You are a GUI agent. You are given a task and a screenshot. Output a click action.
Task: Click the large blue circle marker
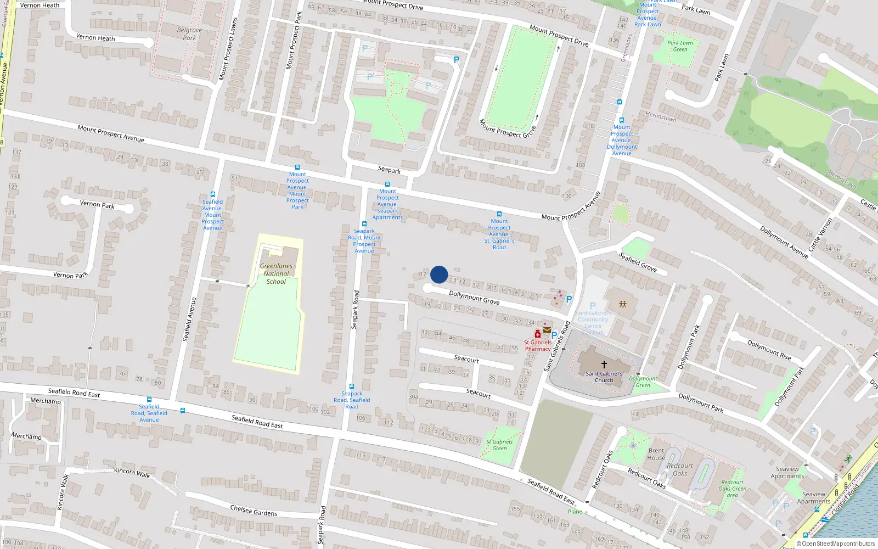439,274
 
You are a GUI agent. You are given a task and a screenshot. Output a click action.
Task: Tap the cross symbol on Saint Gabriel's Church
604,364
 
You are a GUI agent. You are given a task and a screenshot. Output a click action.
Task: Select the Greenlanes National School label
276,273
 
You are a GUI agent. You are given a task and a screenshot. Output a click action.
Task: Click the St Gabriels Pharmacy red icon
538,334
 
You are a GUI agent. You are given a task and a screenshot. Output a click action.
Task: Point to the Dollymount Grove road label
474,298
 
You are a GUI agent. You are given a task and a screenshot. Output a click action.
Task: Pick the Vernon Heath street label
40,5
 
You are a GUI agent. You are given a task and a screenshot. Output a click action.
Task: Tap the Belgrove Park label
189,34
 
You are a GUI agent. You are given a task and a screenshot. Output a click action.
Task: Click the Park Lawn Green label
680,46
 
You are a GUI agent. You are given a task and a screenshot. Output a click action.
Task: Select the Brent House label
656,454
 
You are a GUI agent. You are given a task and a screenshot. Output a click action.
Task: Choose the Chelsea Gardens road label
254,511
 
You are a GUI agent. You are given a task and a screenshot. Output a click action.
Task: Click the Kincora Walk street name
132,473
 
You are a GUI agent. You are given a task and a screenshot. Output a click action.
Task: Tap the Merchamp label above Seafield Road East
46,401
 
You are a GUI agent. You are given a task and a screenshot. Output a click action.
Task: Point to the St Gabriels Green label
499,445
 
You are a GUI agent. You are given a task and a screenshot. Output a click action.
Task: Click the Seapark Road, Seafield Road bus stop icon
352,386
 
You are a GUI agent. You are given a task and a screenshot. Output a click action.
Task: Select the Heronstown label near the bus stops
661,117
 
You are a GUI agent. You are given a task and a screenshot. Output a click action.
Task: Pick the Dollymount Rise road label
769,350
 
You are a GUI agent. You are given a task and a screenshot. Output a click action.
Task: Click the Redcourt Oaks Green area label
732,489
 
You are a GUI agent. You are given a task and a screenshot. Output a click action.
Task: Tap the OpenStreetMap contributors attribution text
836,544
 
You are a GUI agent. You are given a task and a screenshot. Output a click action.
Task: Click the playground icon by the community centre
622,304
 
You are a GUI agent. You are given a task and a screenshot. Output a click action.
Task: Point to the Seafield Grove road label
638,261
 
